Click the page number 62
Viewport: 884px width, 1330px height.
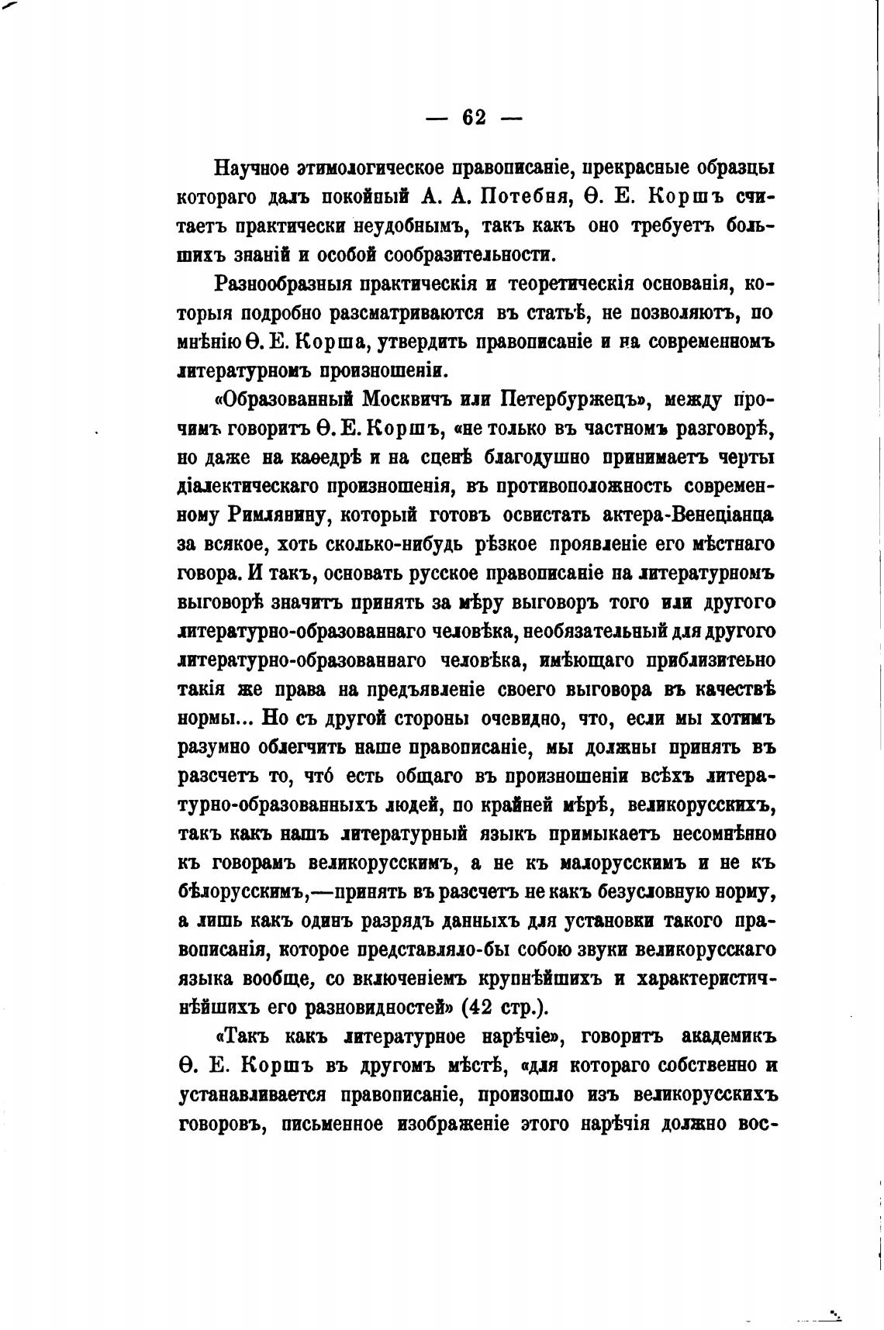click(x=474, y=118)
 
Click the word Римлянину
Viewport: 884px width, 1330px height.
click(x=281, y=515)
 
